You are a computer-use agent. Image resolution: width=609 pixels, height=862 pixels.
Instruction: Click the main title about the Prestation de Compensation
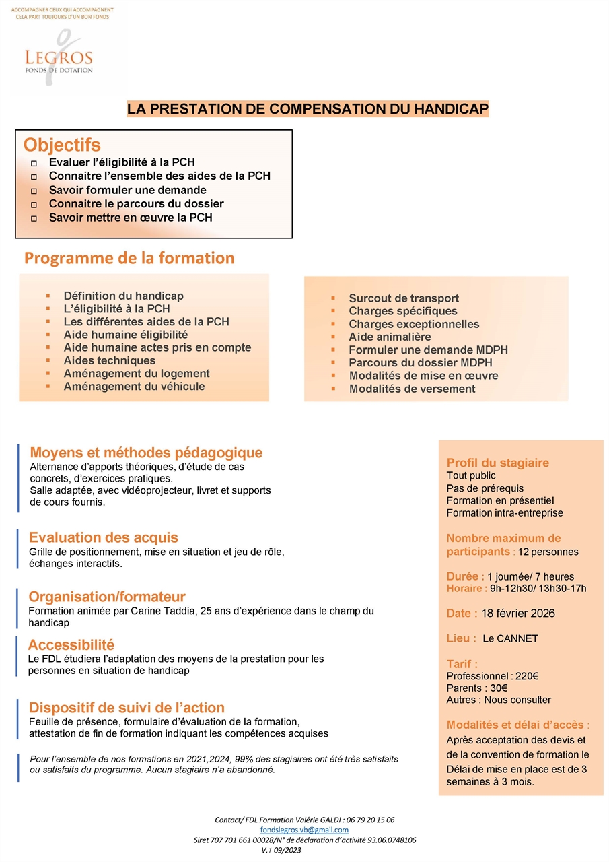tap(308, 109)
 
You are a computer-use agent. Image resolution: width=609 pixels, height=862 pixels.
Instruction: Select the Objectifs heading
tap(62, 145)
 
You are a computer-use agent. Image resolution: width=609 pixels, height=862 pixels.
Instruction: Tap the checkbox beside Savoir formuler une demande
tap(34, 191)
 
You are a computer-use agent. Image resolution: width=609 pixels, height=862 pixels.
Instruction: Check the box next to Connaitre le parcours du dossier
tap(34, 205)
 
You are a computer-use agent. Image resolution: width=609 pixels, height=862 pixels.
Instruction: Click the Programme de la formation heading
tap(129, 258)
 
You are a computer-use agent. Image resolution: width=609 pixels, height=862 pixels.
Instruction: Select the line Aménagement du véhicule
tap(134, 387)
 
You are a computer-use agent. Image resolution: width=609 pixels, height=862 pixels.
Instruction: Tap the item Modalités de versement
tap(412, 389)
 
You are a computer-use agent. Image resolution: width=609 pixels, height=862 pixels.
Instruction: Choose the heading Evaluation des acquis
tap(103, 537)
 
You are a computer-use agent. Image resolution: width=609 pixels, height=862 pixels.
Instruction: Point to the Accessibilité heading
tap(71, 645)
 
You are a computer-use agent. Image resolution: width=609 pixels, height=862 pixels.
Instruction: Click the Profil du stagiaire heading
tap(497, 463)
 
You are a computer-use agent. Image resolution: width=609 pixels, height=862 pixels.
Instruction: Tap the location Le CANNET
tap(510, 639)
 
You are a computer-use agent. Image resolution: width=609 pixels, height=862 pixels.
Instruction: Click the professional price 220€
tap(526, 677)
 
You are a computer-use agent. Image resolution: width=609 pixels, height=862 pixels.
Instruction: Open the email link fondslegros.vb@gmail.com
tap(304, 830)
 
